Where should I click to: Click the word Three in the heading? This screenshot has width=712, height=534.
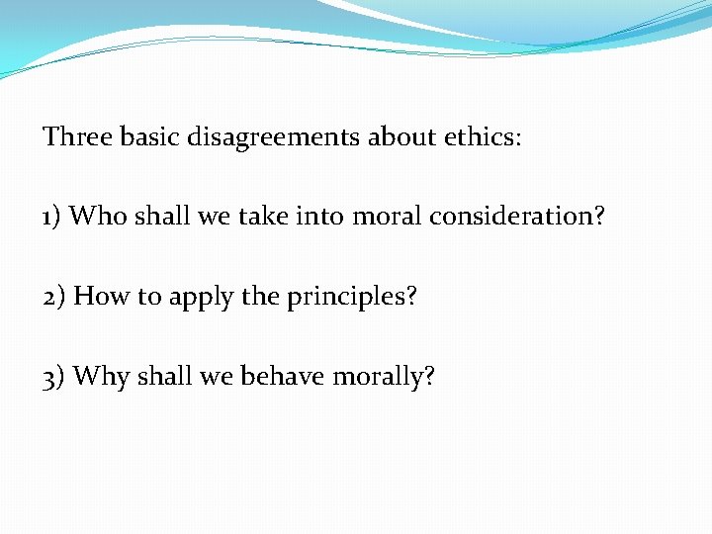77,136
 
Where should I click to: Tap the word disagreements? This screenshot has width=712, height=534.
276,137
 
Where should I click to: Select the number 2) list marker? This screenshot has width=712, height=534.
55,296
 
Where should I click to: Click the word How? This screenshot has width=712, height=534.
97,296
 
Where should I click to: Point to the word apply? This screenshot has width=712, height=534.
192,297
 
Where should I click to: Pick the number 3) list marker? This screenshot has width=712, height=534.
55,376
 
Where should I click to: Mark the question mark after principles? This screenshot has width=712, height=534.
410,296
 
